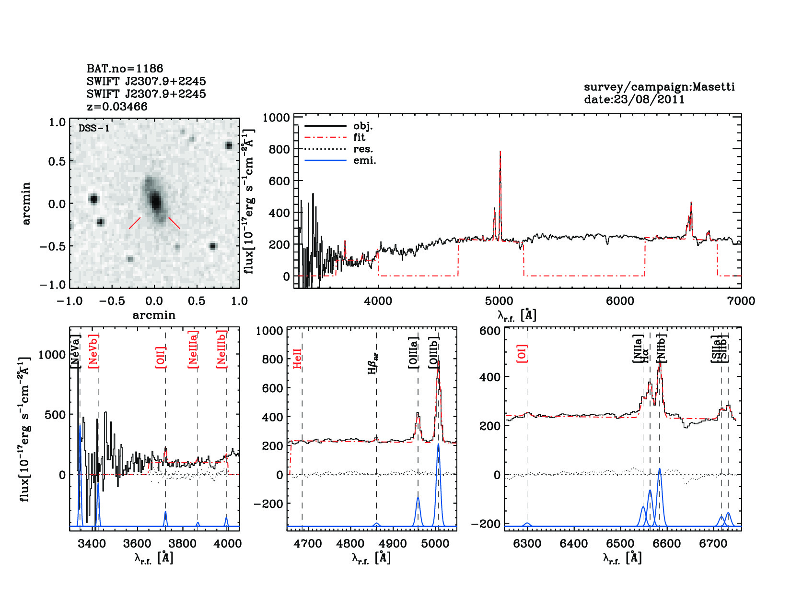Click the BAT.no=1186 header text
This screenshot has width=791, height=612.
click(x=125, y=69)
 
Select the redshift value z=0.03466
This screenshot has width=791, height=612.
click(x=117, y=107)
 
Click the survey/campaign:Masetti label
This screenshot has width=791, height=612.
click(x=659, y=87)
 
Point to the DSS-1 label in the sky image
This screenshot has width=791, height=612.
click(x=94, y=128)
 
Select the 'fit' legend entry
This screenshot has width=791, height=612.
click(x=359, y=138)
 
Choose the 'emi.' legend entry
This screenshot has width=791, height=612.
click(x=364, y=160)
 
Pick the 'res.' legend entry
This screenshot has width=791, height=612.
click(x=363, y=149)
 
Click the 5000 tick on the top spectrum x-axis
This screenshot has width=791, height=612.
click(x=499, y=301)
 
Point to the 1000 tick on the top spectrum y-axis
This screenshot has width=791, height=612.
click(x=276, y=118)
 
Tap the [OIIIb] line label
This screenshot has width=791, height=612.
click(x=434, y=352)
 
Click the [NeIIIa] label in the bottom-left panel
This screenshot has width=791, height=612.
click(x=193, y=349)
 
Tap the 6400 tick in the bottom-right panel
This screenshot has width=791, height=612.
click(x=573, y=543)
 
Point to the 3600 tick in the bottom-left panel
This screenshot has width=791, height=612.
click(x=137, y=543)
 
